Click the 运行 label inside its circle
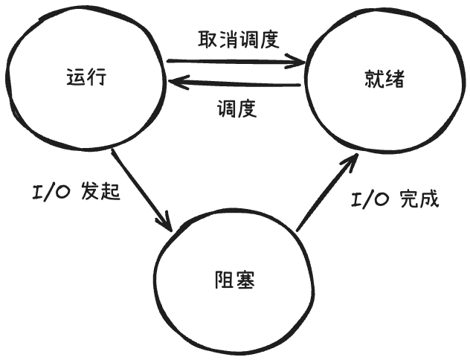coord(86,77)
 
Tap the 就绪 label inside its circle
coord(384,79)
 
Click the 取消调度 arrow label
coord(238,39)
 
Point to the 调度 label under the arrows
coord(236,110)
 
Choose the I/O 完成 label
coord(396,199)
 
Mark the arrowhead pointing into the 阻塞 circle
coord(167,225)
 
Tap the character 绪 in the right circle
coord(395,79)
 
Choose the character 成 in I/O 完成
coord(429,199)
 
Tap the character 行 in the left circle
coord(97,77)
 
